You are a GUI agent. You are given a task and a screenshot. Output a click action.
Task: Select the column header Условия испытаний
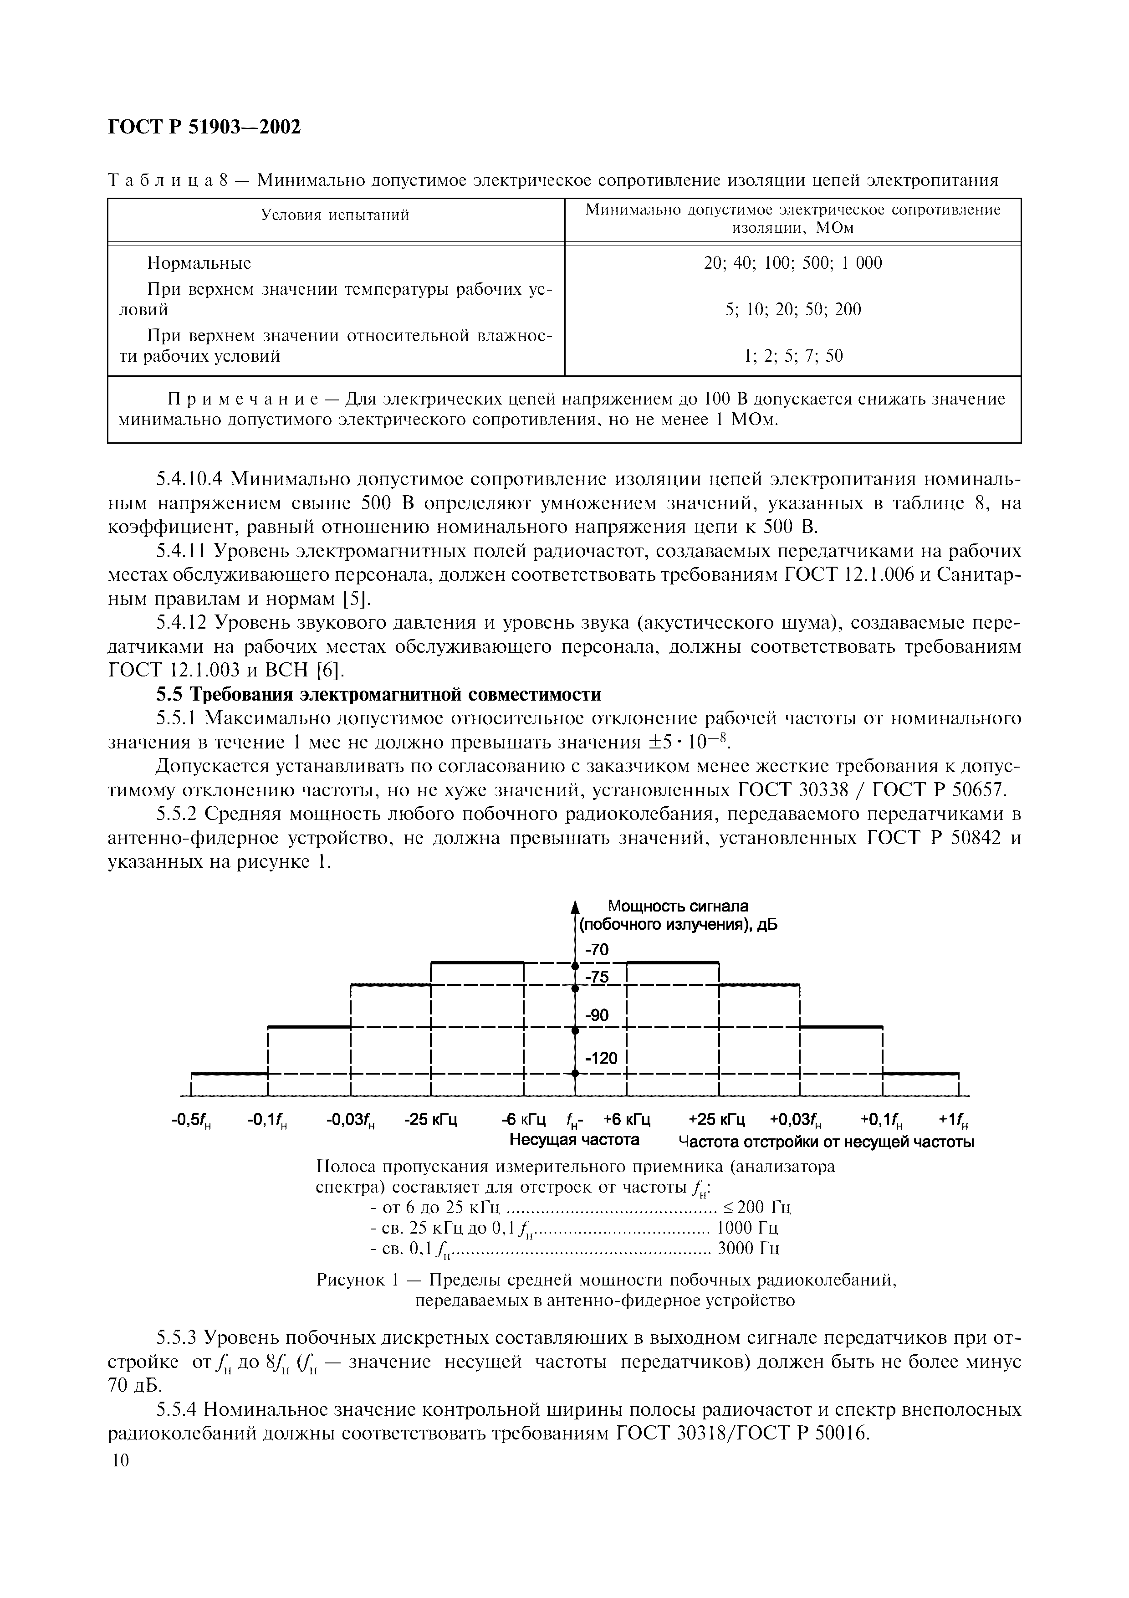point(335,215)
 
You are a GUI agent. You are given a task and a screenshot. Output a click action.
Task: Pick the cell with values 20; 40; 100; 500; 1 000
point(792,263)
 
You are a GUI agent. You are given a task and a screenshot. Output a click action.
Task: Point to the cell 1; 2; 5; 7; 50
point(792,356)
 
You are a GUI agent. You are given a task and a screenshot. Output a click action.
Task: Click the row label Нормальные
point(199,263)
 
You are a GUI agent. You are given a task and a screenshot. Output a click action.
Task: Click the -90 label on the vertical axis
point(596,1015)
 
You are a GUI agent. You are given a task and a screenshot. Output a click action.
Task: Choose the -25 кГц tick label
point(430,1120)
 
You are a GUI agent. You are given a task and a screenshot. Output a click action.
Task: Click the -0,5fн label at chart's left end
point(191,1120)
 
